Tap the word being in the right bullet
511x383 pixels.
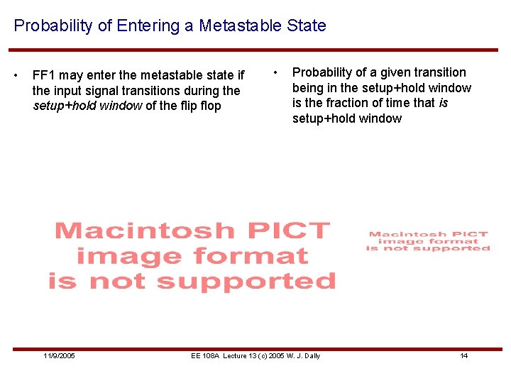point(309,88)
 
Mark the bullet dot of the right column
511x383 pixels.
point(277,72)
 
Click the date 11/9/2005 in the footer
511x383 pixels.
point(59,355)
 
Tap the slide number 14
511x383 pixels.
point(463,355)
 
